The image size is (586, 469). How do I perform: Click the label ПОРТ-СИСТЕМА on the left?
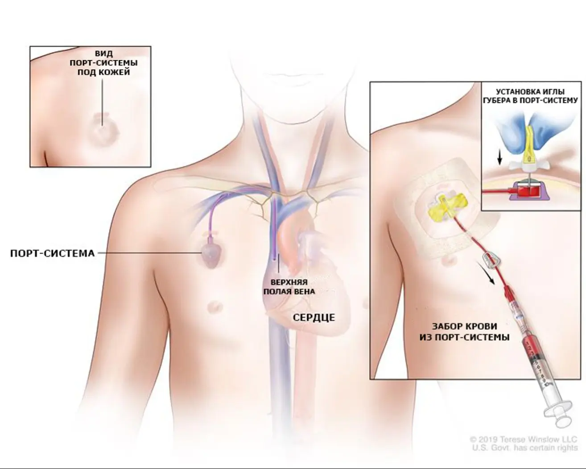point(52,254)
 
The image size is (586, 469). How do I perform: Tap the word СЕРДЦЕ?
point(314,317)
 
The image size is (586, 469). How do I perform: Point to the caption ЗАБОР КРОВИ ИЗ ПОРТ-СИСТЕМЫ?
point(464,332)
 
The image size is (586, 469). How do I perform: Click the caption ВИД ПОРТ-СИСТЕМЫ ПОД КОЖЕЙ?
point(103,63)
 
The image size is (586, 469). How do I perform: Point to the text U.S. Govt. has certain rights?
point(525,448)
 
